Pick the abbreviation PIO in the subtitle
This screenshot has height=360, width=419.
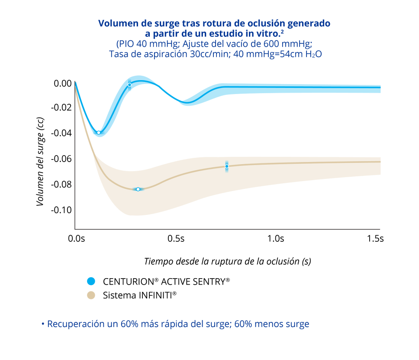[x=126, y=44]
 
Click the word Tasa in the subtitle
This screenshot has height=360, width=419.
[x=119, y=55]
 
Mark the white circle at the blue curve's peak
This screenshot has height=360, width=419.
[x=129, y=85]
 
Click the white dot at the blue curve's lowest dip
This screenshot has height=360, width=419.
[x=99, y=133]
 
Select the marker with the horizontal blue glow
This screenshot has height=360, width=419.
[x=138, y=189]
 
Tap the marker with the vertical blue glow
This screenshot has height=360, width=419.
[x=227, y=166]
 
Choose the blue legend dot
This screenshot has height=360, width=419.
[x=91, y=281]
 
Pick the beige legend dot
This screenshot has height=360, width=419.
[x=91, y=295]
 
